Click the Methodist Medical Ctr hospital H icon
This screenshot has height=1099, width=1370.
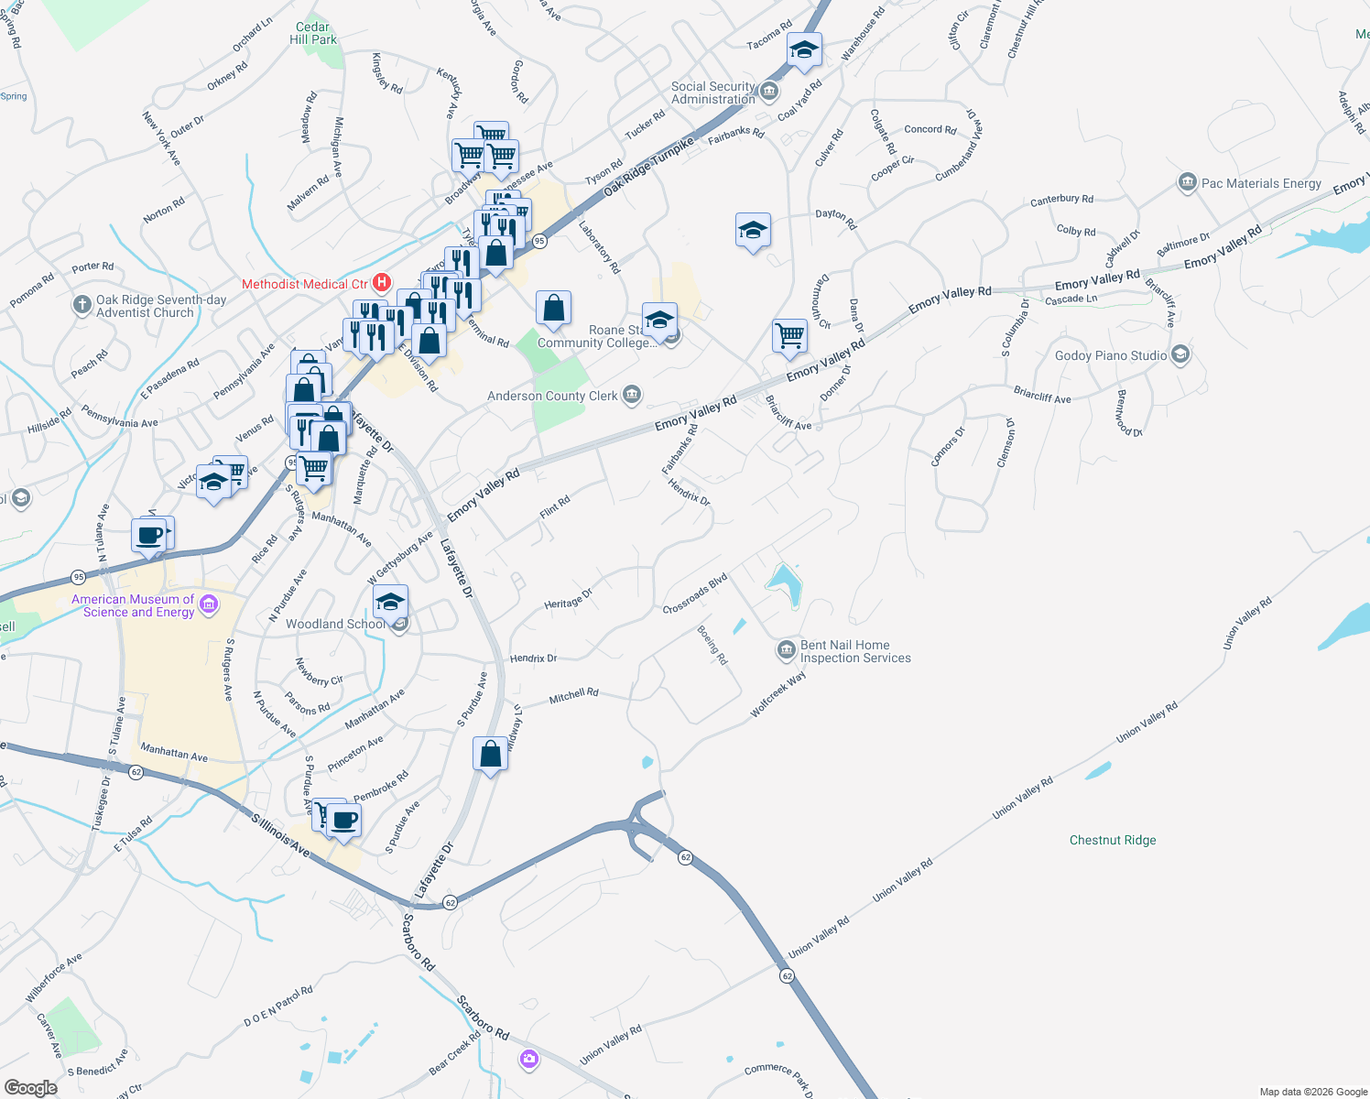click(x=382, y=284)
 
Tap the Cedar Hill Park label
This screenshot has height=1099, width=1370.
click(x=313, y=34)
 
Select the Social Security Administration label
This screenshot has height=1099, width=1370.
click(x=713, y=92)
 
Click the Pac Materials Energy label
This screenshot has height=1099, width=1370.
click(x=1261, y=183)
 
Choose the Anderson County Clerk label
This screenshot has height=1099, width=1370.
click(x=552, y=396)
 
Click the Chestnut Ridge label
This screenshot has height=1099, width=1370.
click(x=1113, y=840)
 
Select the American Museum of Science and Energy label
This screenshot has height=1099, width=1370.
click(x=134, y=605)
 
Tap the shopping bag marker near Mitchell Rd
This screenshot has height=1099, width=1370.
click(x=491, y=755)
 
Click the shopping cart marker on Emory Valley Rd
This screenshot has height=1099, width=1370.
click(x=789, y=335)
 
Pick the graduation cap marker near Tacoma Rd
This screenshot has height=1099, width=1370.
click(x=804, y=49)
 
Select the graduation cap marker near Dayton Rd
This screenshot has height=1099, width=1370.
click(x=753, y=231)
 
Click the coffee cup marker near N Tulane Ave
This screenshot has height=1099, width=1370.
click(x=149, y=536)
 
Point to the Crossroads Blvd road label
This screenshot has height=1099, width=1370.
click(x=695, y=593)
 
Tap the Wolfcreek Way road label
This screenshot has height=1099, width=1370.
click(x=778, y=693)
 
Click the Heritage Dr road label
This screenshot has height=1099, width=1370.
click(x=569, y=599)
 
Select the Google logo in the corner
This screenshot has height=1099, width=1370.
click(x=30, y=1087)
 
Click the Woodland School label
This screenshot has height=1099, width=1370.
click(x=335, y=624)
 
